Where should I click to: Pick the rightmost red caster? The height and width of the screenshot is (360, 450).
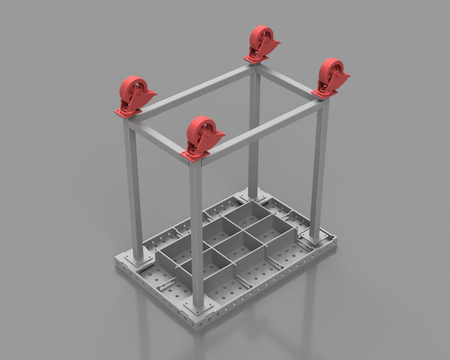tap(331, 76)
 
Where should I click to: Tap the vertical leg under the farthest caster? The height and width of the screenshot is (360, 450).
tap(254, 125)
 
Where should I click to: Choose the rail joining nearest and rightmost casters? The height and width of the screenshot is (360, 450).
tap(262, 129)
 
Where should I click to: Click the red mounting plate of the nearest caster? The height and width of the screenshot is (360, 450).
tap(194, 155)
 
